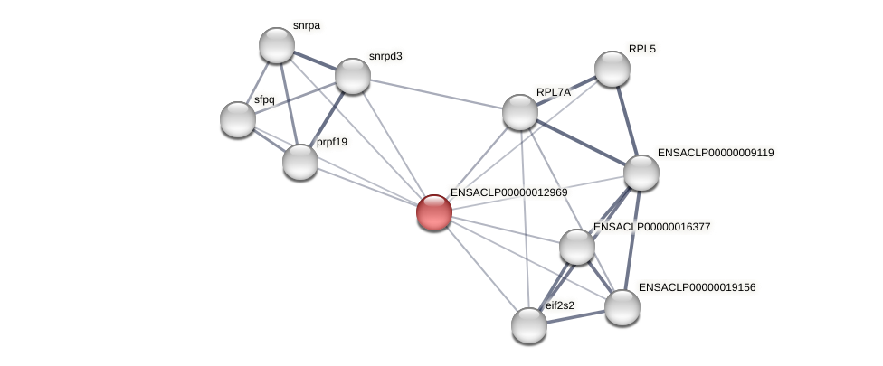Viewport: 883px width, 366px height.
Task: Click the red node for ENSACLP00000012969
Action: point(434,212)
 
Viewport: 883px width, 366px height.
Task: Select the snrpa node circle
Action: point(277,45)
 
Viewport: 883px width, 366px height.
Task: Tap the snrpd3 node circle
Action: point(353,76)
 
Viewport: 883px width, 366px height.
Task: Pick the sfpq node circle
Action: point(238,119)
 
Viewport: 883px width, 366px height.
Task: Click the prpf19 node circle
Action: point(300,162)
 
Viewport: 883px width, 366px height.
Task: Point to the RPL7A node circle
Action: point(520,112)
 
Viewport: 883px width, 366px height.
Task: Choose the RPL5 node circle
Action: point(612,69)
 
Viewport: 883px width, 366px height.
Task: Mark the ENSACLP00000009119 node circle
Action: point(641,173)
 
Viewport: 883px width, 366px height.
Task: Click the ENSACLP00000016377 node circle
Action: point(577,247)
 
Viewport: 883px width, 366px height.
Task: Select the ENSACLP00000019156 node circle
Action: point(622,307)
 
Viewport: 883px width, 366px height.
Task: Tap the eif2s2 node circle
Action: point(529,325)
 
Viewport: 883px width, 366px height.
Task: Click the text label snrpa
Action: point(307,26)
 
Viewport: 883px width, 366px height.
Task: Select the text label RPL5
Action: point(642,49)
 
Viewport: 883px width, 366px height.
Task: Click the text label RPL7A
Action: point(554,92)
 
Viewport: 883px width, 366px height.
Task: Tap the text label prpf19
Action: point(332,142)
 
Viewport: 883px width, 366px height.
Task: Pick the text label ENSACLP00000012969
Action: point(509,192)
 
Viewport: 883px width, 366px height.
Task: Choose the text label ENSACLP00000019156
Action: point(697,287)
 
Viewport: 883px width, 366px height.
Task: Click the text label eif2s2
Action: point(560,305)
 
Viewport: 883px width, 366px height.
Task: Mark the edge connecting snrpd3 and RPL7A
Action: point(436,94)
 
